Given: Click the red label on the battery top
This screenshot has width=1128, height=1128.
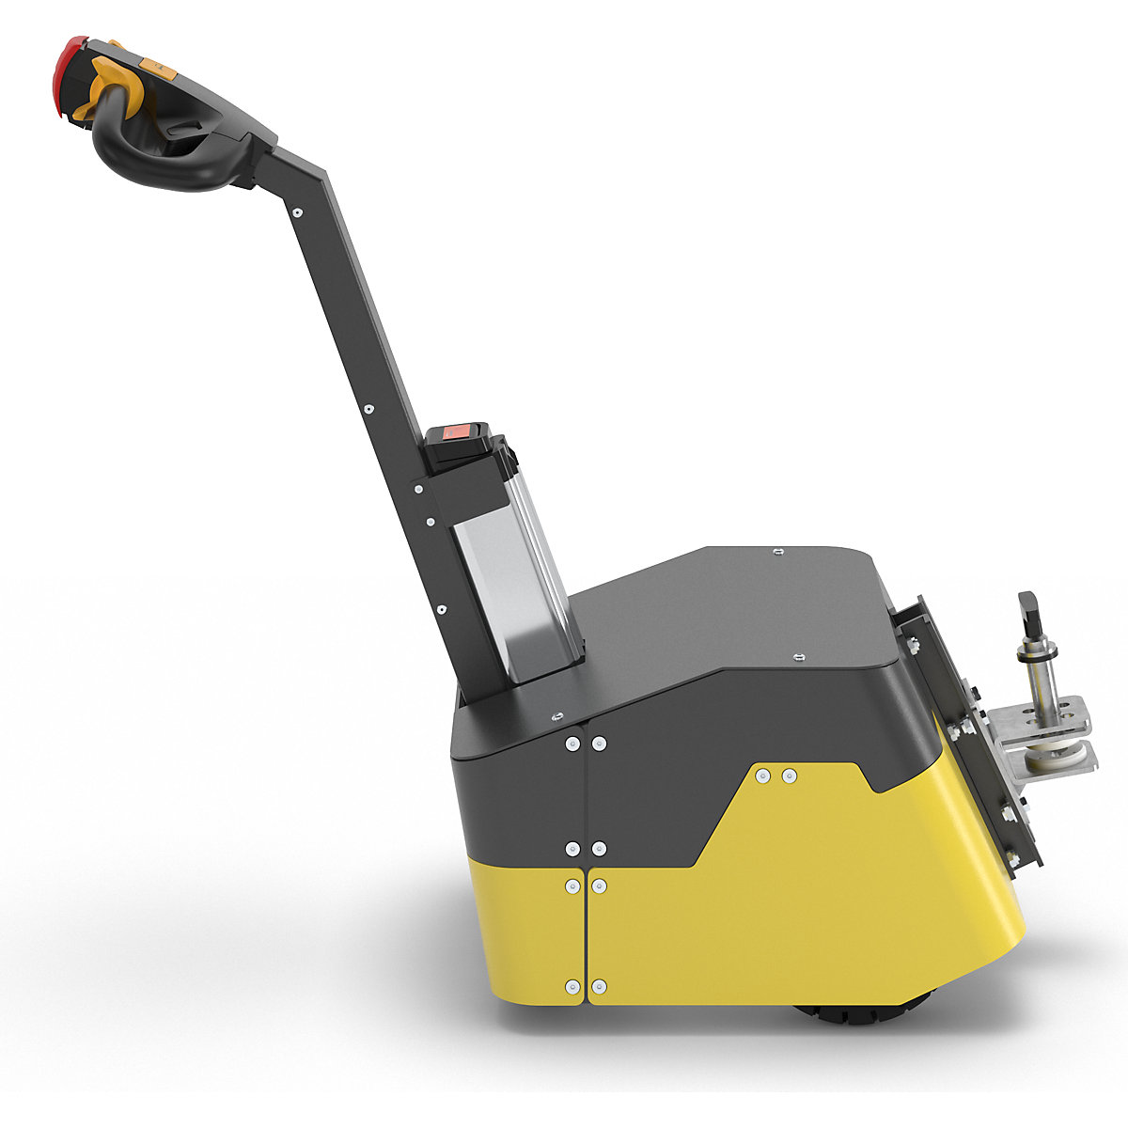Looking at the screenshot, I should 457,432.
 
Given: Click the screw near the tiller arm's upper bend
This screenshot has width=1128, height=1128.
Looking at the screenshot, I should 298,212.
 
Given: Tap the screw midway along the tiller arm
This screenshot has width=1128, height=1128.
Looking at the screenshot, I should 368,409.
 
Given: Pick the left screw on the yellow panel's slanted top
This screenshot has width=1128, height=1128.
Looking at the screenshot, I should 763,775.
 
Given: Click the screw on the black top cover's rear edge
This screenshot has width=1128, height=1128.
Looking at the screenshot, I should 776,552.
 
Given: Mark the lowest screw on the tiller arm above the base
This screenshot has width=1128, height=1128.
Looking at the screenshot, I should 441,609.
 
